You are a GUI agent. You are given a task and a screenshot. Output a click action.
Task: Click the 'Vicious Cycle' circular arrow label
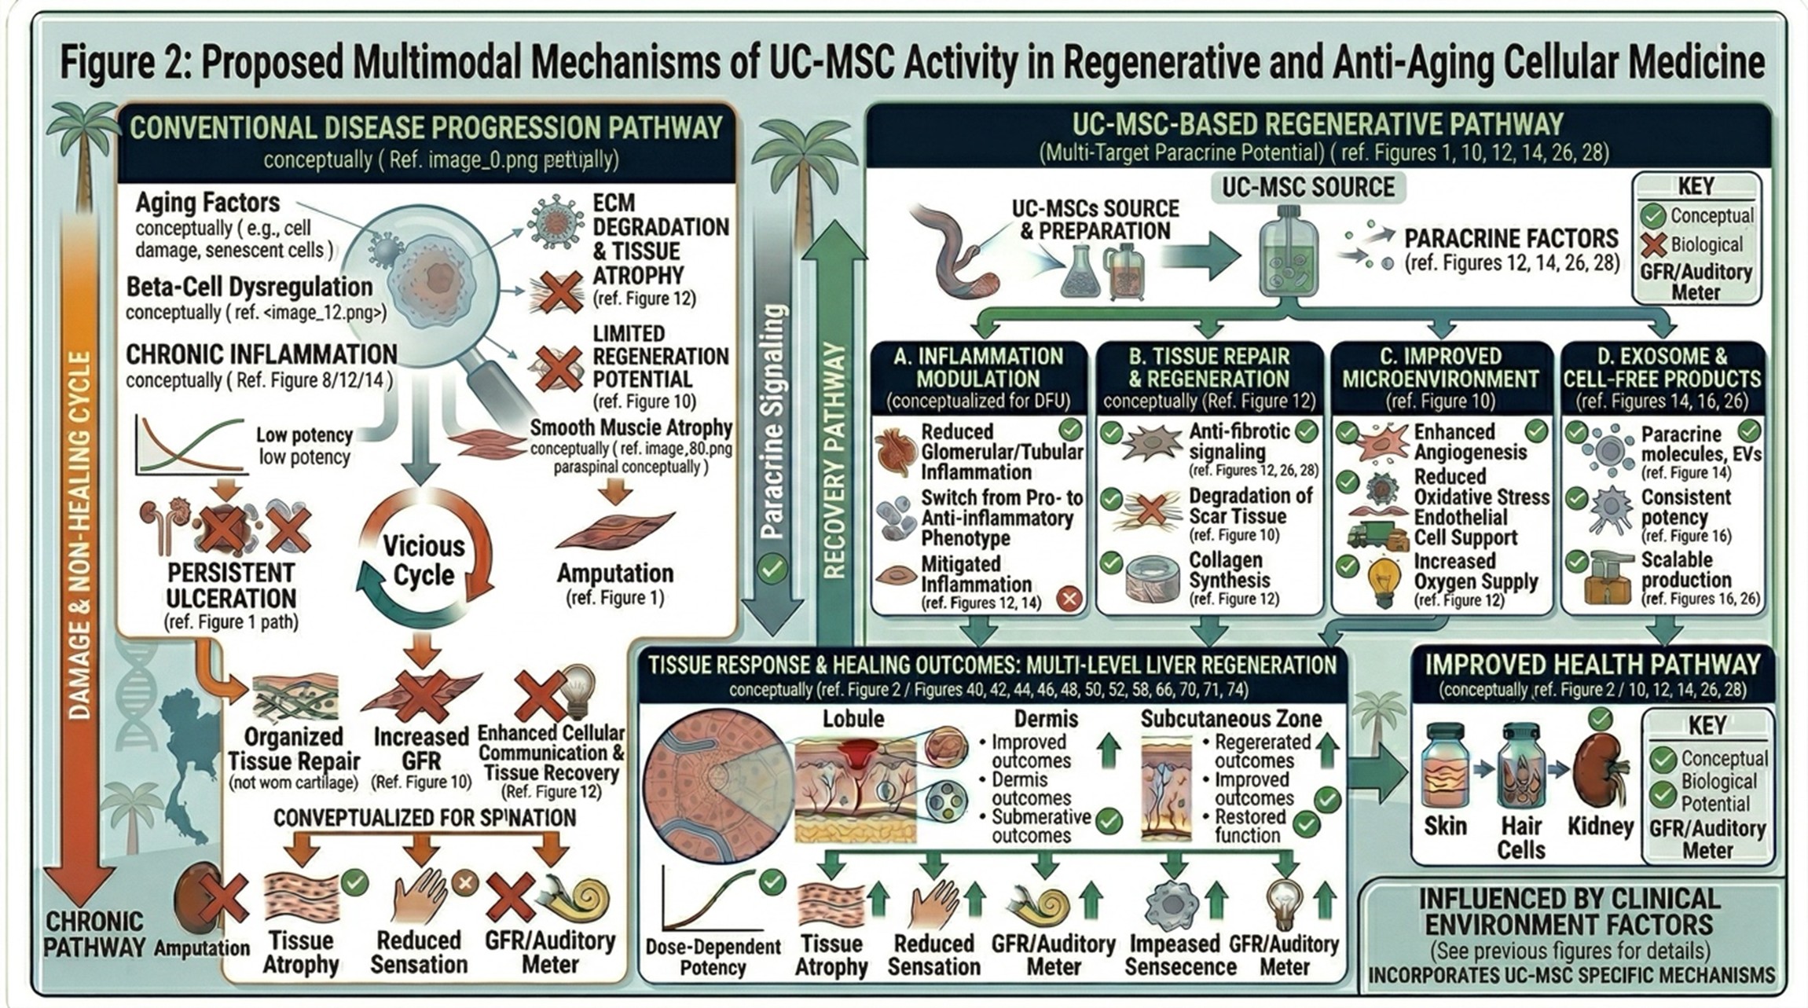[x=424, y=561]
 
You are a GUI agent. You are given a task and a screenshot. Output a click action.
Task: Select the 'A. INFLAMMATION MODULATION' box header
[x=978, y=368]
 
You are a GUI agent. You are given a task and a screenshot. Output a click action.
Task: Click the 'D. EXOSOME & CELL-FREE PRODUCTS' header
[x=1661, y=368]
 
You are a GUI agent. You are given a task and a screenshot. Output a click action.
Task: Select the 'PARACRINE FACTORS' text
[x=1511, y=239]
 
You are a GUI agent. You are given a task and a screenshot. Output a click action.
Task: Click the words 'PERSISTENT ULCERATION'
[x=230, y=585]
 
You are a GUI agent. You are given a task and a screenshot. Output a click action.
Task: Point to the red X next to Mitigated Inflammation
[x=1068, y=599]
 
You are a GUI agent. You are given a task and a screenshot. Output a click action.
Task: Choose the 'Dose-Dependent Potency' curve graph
[x=703, y=900]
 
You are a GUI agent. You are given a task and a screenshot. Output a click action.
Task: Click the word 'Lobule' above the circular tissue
[x=853, y=718]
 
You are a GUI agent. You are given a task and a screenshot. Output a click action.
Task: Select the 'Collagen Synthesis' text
[x=1229, y=570]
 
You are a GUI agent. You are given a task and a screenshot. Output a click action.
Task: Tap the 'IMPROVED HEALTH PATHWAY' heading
[x=1592, y=665]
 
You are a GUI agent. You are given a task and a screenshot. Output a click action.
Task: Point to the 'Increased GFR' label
[x=420, y=749]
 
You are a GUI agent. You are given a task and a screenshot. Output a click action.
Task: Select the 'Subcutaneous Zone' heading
[x=1230, y=718]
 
